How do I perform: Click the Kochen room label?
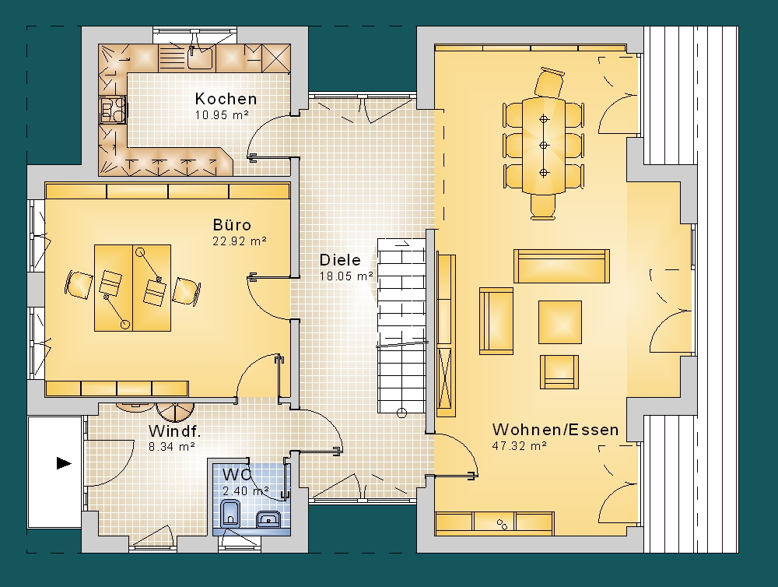226,99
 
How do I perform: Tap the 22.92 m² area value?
240,241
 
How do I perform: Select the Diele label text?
340,260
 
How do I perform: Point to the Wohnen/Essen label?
555,430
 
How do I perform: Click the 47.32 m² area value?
519,446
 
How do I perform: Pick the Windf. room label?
174,431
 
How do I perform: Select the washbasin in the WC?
269,519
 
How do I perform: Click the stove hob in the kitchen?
112,109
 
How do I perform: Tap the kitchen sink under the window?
201,57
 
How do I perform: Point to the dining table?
544,146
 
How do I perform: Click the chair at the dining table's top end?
550,83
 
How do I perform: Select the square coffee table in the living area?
560,322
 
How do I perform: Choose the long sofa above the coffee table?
562,266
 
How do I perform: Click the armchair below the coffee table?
559,371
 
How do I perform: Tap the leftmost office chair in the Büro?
79,284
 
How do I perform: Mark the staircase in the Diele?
402,325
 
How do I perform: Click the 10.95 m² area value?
221,115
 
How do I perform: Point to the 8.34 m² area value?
172,447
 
